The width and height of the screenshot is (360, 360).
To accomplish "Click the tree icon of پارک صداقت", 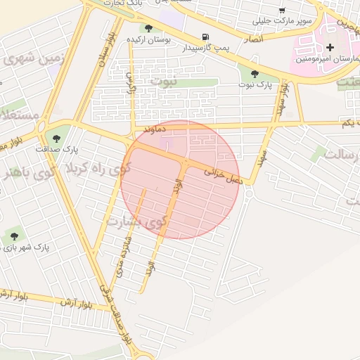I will coord(56,138).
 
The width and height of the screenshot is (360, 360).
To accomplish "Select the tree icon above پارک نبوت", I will coord(255,74).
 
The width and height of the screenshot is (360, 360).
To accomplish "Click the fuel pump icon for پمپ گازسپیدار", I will coord(205,37).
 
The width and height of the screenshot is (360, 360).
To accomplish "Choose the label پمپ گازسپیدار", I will coord(205,48).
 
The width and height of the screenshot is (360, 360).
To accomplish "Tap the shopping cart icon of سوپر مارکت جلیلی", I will coord(282,11).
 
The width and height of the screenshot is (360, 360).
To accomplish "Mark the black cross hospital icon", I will coord(330,46).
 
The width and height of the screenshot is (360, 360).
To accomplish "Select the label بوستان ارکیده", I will coord(148,39).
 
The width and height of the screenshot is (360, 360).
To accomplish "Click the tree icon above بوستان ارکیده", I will coord(148,28).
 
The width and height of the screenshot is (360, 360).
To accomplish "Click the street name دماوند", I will coord(153,130).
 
